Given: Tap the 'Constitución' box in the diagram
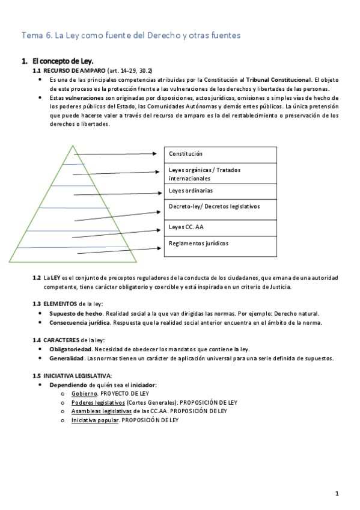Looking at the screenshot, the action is coord(220,155).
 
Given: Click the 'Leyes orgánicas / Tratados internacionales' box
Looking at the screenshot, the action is coord(220,174).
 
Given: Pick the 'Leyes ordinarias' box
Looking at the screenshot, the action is coord(220,191).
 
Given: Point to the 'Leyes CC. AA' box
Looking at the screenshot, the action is coord(220,227).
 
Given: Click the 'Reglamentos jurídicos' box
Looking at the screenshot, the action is coord(220,245).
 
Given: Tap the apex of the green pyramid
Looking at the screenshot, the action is coord(73,147).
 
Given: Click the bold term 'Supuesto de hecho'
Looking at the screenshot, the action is coord(76,313).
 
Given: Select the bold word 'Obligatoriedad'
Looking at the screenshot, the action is coord(70,349).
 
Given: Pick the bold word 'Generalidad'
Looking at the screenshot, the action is coord(67,358).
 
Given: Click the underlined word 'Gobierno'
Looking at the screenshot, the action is coord(84,393).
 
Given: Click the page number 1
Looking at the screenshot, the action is coord(338,494).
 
